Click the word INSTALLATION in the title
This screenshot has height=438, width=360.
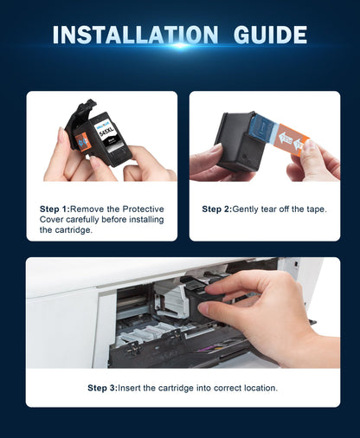(135, 35)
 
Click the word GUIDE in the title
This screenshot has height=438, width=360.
(270, 35)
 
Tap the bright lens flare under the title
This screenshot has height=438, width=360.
(180, 45)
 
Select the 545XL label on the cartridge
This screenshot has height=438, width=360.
(106, 132)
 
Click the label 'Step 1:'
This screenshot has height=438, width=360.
(55, 209)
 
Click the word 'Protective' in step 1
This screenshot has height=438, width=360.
(143, 209)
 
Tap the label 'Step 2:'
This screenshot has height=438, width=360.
(217, 209)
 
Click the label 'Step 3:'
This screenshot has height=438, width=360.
(103, 388)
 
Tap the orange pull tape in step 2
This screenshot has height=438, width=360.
(291, 140)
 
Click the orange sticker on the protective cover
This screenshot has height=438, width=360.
(81, 142)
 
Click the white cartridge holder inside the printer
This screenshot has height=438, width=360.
(170, 300)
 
